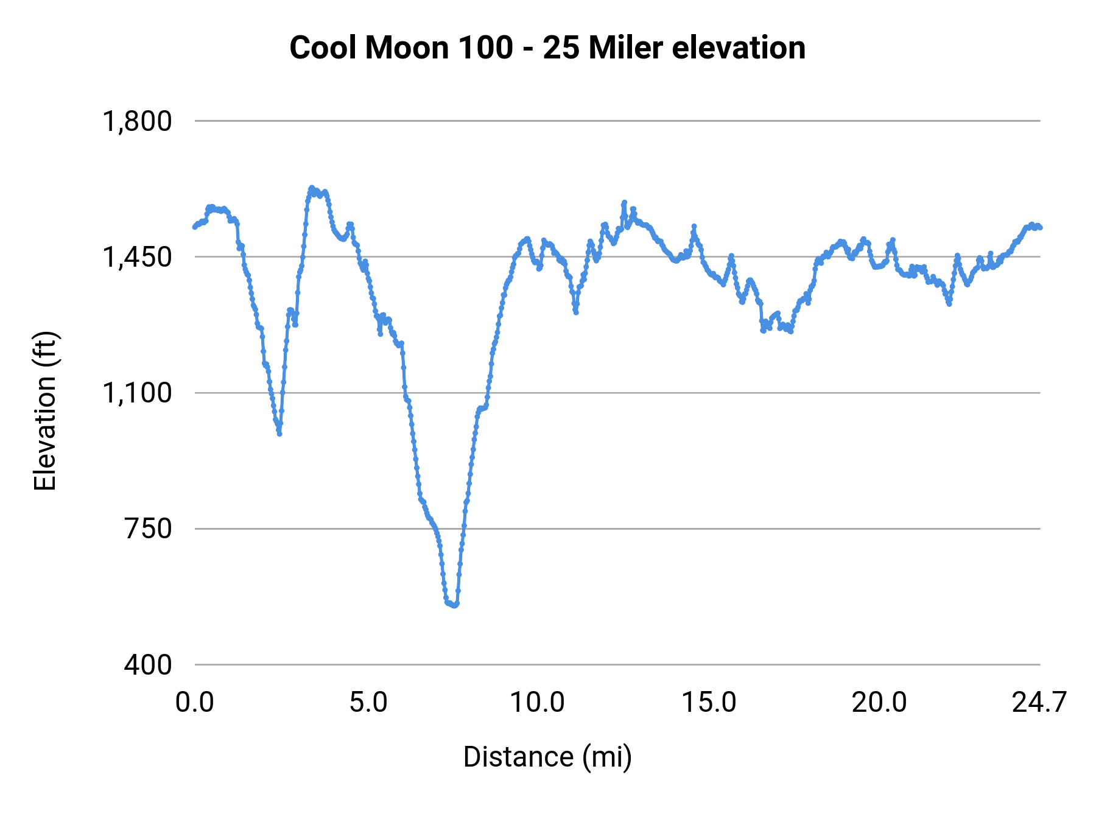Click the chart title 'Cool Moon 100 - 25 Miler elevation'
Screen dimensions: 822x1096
pos(547,47)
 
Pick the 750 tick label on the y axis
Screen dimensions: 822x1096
pos(148,529)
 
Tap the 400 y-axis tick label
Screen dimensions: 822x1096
pos(148,664)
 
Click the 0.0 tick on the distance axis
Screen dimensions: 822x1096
pos(195,703)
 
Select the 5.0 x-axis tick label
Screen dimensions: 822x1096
pos(368,703)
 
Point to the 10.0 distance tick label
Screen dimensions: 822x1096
pos(537,703)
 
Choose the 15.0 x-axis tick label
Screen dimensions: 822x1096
pos(708,703)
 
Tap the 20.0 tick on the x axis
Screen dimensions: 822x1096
pos(879,703)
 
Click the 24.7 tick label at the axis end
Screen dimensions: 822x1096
pos(1039,703)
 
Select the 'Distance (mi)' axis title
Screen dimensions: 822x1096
pos(547,757)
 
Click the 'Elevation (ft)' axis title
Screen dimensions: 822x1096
pos(45,411)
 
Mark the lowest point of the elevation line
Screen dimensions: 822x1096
pos(454,605)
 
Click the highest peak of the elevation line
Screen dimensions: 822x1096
pos(312,188)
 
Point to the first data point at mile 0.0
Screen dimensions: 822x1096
pos(195,227)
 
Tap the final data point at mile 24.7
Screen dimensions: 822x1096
pos(1040,228)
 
